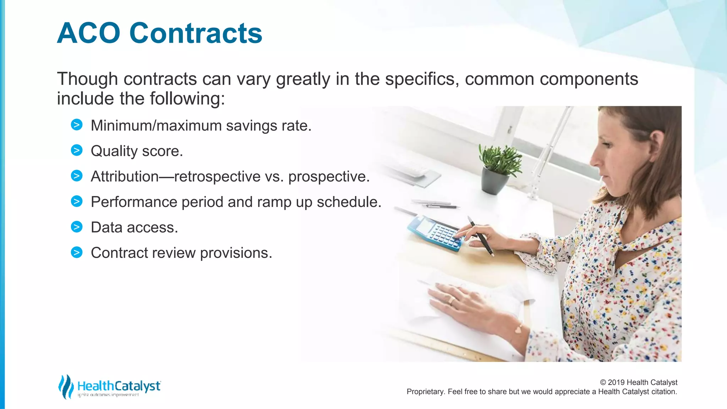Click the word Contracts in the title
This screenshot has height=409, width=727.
196,33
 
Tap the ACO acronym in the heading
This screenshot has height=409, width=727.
89,33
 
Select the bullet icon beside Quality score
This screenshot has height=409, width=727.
77,151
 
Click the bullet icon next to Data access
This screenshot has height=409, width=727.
77,227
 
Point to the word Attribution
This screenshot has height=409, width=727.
125,176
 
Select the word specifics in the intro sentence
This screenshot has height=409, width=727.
420,79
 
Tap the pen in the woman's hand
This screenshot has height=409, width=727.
481,236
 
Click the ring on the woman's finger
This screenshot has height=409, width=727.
452,301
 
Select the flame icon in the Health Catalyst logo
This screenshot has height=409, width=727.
66,386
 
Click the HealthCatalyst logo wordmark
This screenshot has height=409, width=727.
119,386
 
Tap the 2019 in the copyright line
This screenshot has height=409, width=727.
616,382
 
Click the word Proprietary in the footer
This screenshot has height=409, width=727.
425,392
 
